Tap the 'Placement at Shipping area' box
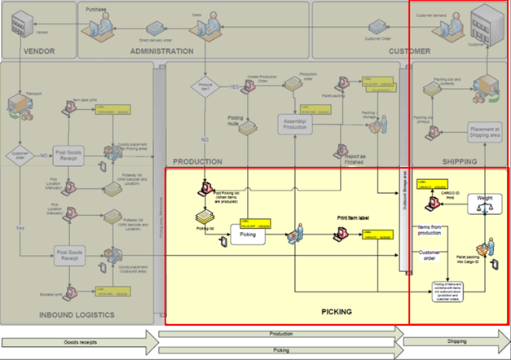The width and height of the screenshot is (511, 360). [x=484, y=132]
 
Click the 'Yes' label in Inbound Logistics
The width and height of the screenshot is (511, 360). [x=18, y=228]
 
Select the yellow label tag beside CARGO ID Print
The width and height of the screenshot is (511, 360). [x=428, y=184]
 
